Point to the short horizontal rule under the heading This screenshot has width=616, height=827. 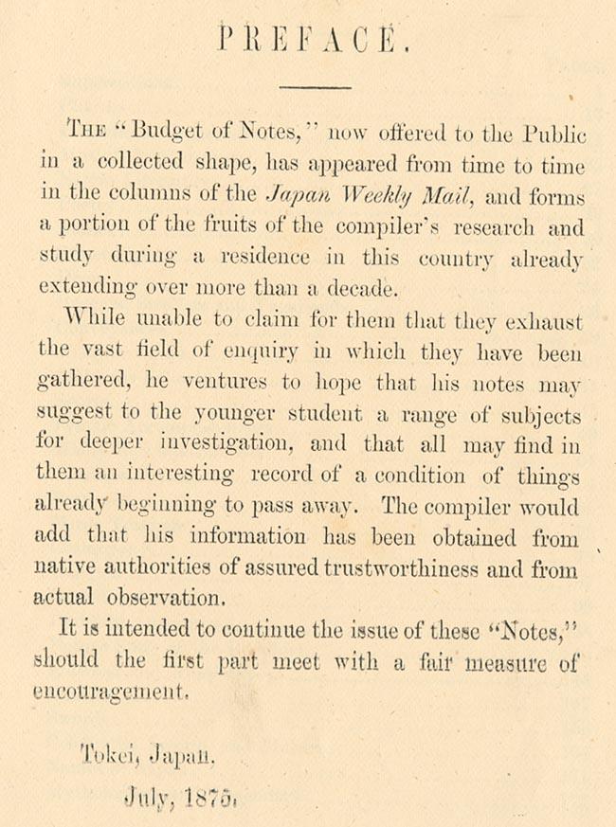tap(316, 87)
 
